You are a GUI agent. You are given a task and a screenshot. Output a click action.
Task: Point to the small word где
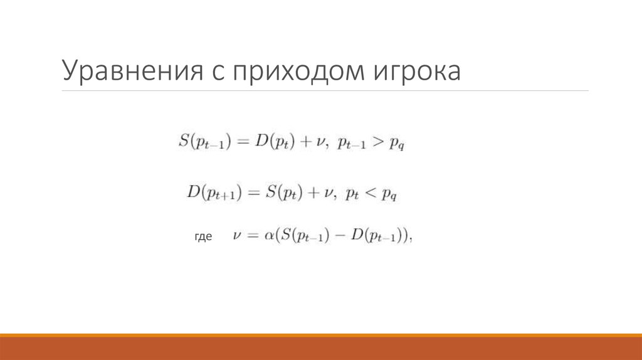pos(203,237)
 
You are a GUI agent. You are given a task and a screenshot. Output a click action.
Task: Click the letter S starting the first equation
pos(184,142)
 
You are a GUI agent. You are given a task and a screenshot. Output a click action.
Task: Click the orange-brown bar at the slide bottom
pos(321,348)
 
